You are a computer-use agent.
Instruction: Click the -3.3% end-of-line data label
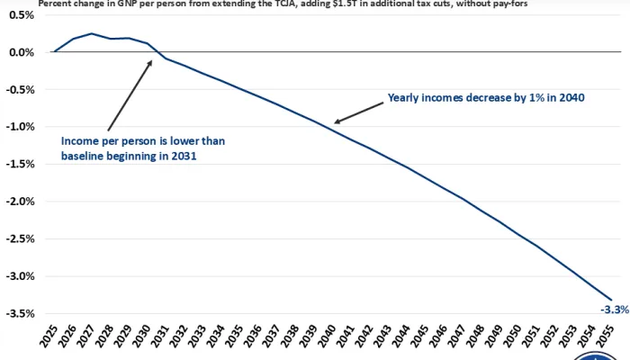pos(615,310)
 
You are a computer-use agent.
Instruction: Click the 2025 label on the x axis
pos(54,341)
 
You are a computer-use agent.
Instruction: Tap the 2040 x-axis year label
pos(333,341)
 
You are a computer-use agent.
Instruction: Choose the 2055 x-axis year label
pos(611,341)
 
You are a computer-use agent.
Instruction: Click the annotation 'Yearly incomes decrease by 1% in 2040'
pos(487,98)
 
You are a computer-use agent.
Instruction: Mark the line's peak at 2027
pos(92,33)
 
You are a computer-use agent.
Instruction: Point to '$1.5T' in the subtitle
pos(339,4)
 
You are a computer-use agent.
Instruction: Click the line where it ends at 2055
pos(611,300)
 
